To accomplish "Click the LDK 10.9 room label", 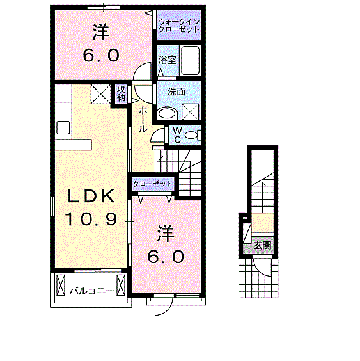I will [x=90, y=207].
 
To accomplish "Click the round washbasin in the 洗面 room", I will [x=168, y=113].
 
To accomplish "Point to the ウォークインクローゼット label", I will [x=179, y=26].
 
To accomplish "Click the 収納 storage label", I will [x=121, y=93].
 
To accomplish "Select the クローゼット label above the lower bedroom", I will [x=153, y=184].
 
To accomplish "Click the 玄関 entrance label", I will [x=262, y=245].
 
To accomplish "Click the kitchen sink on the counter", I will [x=63, y=127].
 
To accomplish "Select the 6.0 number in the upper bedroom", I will [x=100, y=56].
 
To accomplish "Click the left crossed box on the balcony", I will [x=61, y=284].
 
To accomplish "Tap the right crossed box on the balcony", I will [x=121, y=283].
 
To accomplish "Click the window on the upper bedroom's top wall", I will [x=106, y=7].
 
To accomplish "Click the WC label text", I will [x=177, y=134].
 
